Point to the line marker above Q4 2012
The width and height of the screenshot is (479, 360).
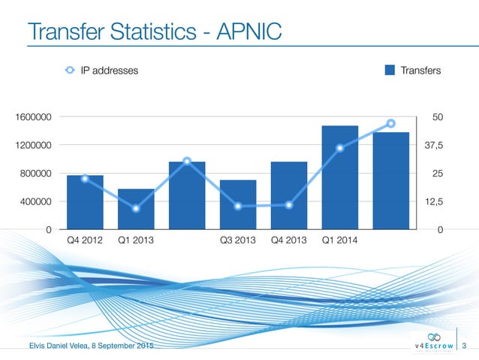point(85,178)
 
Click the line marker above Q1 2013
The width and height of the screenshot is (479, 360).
point(136,208)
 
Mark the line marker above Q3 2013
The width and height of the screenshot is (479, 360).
point(238,206)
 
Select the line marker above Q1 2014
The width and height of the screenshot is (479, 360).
point(340,147)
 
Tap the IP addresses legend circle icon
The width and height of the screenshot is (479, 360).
point(69,71)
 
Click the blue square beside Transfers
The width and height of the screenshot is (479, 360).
point(390,71)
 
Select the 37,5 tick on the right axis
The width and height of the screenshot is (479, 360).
point(434,145)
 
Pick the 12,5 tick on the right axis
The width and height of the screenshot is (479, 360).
point(434,201)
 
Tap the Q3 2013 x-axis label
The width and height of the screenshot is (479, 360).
point(238,241)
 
